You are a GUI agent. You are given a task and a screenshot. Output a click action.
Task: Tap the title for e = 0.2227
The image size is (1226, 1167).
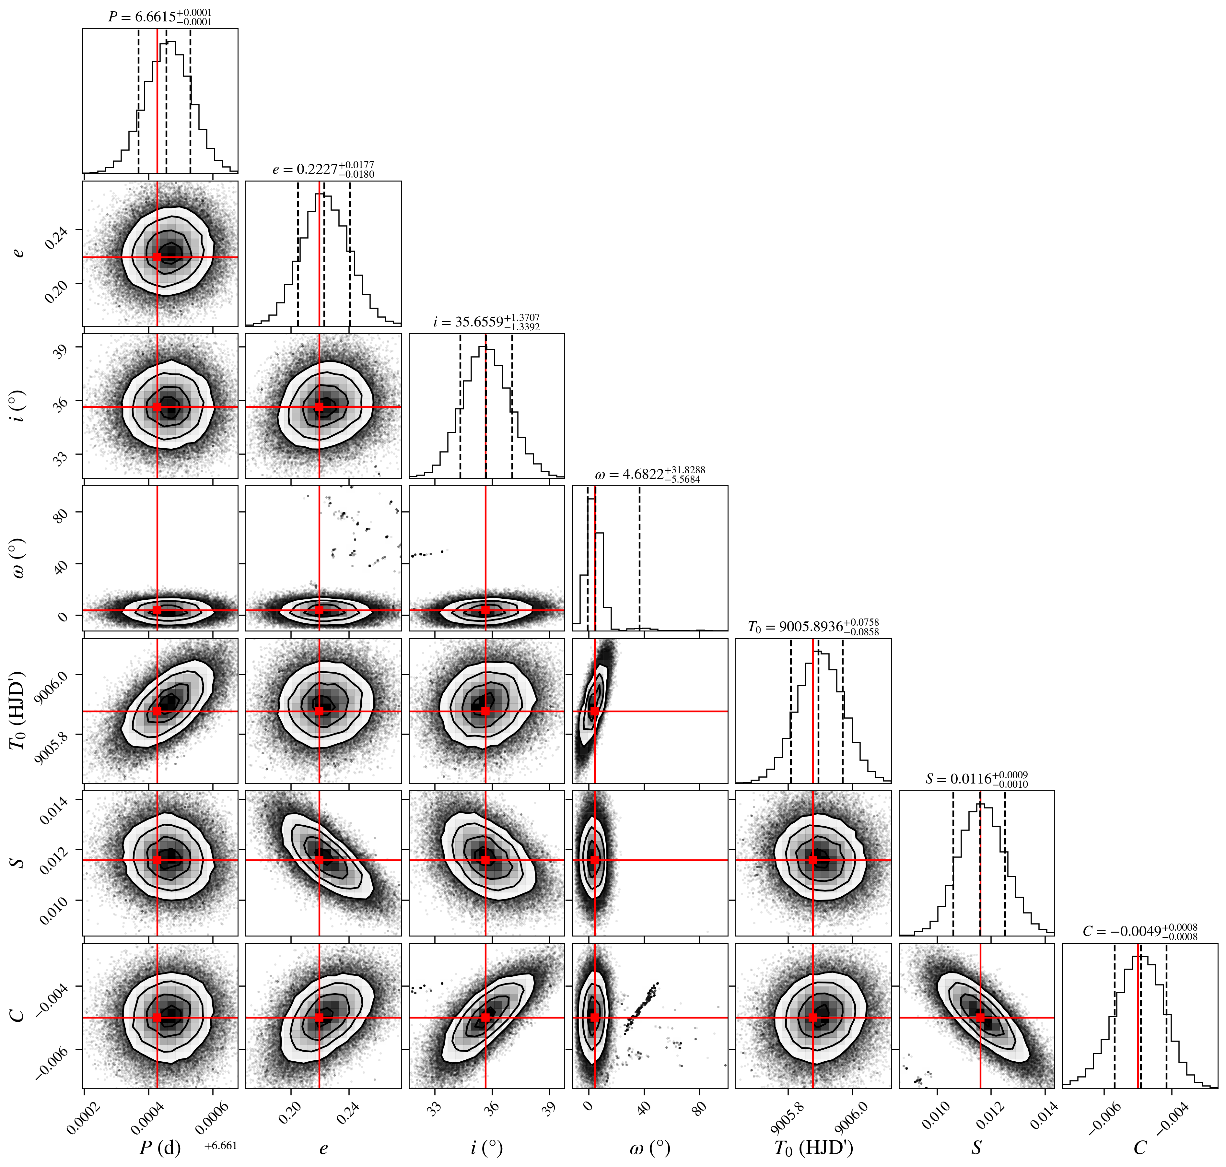323,169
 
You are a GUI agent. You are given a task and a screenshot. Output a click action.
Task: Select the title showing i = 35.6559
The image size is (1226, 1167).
486,322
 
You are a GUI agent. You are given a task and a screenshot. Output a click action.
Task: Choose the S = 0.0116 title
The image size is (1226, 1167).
976,779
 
